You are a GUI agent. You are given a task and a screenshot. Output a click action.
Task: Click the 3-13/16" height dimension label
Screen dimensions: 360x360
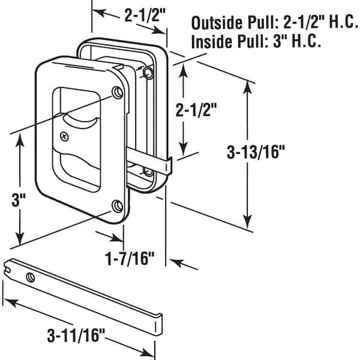pyautogui.click(x=256, y=152)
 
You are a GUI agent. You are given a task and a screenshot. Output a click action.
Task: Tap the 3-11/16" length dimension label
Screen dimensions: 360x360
pyautogui.click(x=76, y=335)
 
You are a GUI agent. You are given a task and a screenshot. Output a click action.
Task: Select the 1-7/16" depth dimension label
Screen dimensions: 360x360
pyautogui.click(x=130, y=259)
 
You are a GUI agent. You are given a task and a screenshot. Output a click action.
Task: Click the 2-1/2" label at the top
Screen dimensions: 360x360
pyautogui.click(x=145, y=15)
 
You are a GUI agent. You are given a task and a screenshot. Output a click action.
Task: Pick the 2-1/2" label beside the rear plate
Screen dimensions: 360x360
pyautogui.click(x=196, y=110)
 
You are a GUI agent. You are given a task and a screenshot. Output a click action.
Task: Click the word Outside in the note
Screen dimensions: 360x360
pyautogui.click(x=217, y=23)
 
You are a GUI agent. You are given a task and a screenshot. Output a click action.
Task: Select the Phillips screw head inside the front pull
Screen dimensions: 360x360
pyautogui.click(x=65, y=136)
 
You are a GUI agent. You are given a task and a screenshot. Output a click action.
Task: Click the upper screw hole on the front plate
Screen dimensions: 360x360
pyautogui.click(x=118, y=92)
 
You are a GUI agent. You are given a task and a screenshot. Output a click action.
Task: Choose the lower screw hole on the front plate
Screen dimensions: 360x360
pyautogui.click(x=118, y=206)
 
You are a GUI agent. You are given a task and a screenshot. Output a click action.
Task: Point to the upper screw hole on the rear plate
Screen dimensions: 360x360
pyautogui.click(x=148, y=73)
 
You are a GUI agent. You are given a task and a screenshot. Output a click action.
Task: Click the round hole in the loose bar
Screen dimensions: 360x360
pyautogui.click(x=31, y=277)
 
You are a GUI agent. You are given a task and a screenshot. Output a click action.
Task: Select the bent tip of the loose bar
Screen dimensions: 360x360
pyautogui.click(x=159, y=325)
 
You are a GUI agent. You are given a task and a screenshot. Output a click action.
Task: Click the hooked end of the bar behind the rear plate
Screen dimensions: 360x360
pyautogui.click(x=170, y=166)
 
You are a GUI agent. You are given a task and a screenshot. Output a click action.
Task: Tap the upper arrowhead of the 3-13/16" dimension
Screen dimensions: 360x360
pyautogui.click(x=247, y=87)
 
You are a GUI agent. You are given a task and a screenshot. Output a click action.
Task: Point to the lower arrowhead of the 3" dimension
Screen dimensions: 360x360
pyautogui.click(x=20, y=239)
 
